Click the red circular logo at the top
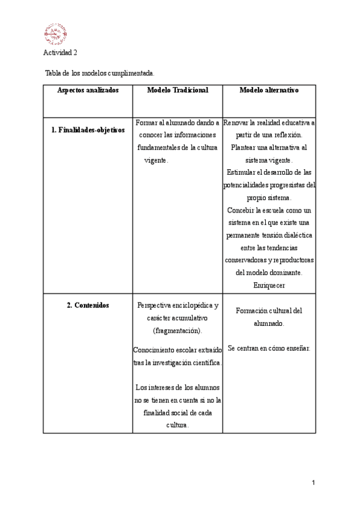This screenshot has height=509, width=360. point(55,34)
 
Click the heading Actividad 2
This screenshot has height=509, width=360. point(60,53)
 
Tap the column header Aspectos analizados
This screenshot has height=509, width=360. point(88,90)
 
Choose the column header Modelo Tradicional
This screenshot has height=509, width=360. point(178,90)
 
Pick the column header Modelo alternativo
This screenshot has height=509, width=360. point(269,90)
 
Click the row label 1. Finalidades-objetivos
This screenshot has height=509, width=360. point(88,130)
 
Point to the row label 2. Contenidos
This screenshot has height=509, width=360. point(88,305)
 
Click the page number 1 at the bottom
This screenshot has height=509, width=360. point(313,482)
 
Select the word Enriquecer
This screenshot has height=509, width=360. point(269,285)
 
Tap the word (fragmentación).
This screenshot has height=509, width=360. point(178,331)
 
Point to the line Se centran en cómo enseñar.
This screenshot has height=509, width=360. point(269,348)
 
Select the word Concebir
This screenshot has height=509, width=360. point(241,210)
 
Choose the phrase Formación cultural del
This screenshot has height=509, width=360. point(269,310)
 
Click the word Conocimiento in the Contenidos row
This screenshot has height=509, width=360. point(155,349)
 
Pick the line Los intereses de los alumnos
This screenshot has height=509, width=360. point(178,387)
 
